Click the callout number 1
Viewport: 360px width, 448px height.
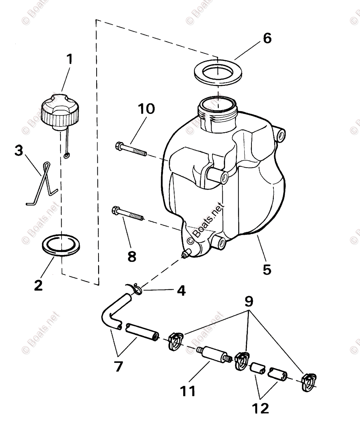69,59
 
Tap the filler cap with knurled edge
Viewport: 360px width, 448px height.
60,112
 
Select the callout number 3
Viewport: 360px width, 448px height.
19,151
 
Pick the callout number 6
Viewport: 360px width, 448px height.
267,38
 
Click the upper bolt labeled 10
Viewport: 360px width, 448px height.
131,149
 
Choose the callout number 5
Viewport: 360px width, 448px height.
267,269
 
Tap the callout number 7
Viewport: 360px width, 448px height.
118,367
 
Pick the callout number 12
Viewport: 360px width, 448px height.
260,408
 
